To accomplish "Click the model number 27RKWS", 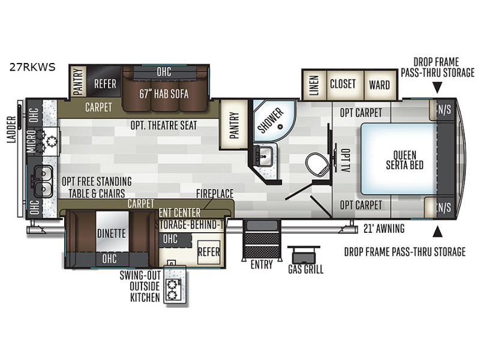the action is (x=32, y=67).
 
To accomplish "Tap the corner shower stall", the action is (x=273, y=121).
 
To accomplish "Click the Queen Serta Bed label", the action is (x=404, y=160).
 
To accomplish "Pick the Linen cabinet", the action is (x=314, y=85).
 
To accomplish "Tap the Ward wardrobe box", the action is (x=380, y=85).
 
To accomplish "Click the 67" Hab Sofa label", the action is (x=164, y=94).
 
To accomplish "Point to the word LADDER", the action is (x=11, y=130).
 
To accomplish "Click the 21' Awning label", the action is (x=384, y=229).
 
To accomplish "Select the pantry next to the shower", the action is (x=234, y=125).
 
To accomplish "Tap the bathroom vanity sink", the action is (x=263, y=157).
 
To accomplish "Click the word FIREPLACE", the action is (x=215, y=193).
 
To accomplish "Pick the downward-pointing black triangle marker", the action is (x=438, y=88).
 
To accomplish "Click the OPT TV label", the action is (x=346, y=160).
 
